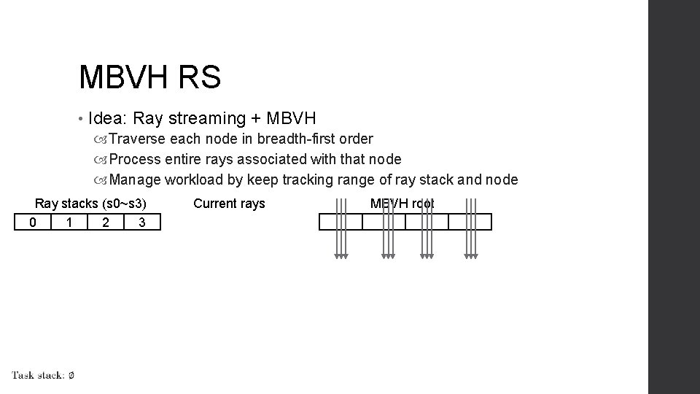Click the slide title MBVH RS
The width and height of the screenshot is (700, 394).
pyautogui.click(x=149, y=77)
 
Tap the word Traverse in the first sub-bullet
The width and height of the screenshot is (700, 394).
pyautogui.click(x=139, y=139)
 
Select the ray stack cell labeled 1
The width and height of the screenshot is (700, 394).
pyautogui.click(x=69, y=222)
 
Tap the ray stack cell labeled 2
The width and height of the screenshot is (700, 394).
pyautogui.click(x=106, y=222)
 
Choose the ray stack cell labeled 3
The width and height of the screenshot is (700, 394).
pyautogui.click(x=142, y=222)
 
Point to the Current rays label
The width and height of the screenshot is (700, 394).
pyautogui.click(x=229, y=204)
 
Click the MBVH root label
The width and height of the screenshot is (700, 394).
pyautogui.click(x=402, y=204)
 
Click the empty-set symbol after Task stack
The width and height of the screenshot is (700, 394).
pyautogui.click(x=71, y=375)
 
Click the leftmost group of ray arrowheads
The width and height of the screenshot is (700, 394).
pyautogui.click(x=341, y=255)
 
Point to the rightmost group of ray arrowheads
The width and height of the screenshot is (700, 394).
pyautogui.click(x=471, y=255)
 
